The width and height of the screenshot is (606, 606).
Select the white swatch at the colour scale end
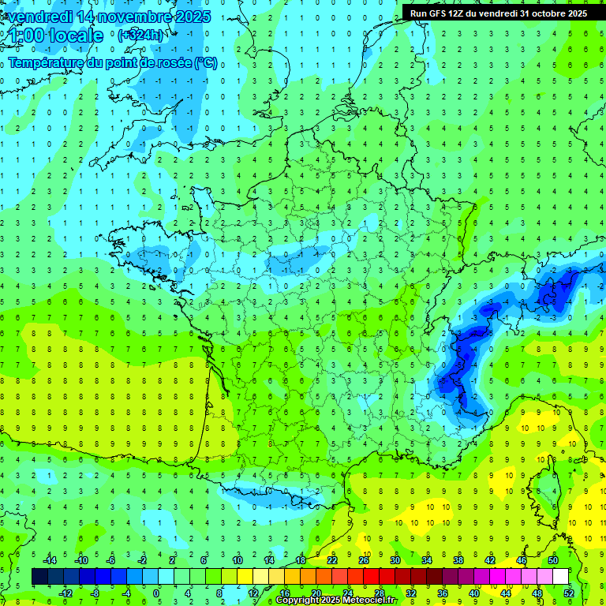click(560, 577)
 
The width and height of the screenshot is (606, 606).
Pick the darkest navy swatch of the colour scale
click(39, 577)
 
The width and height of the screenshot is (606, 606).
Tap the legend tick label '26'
click(364, 560)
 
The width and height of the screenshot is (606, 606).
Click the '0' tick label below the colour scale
click(156, 593)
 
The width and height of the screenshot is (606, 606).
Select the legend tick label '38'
click(458, 560)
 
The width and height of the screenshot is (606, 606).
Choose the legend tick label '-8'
click(95, 593)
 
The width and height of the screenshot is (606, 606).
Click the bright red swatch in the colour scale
click(371, 577)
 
